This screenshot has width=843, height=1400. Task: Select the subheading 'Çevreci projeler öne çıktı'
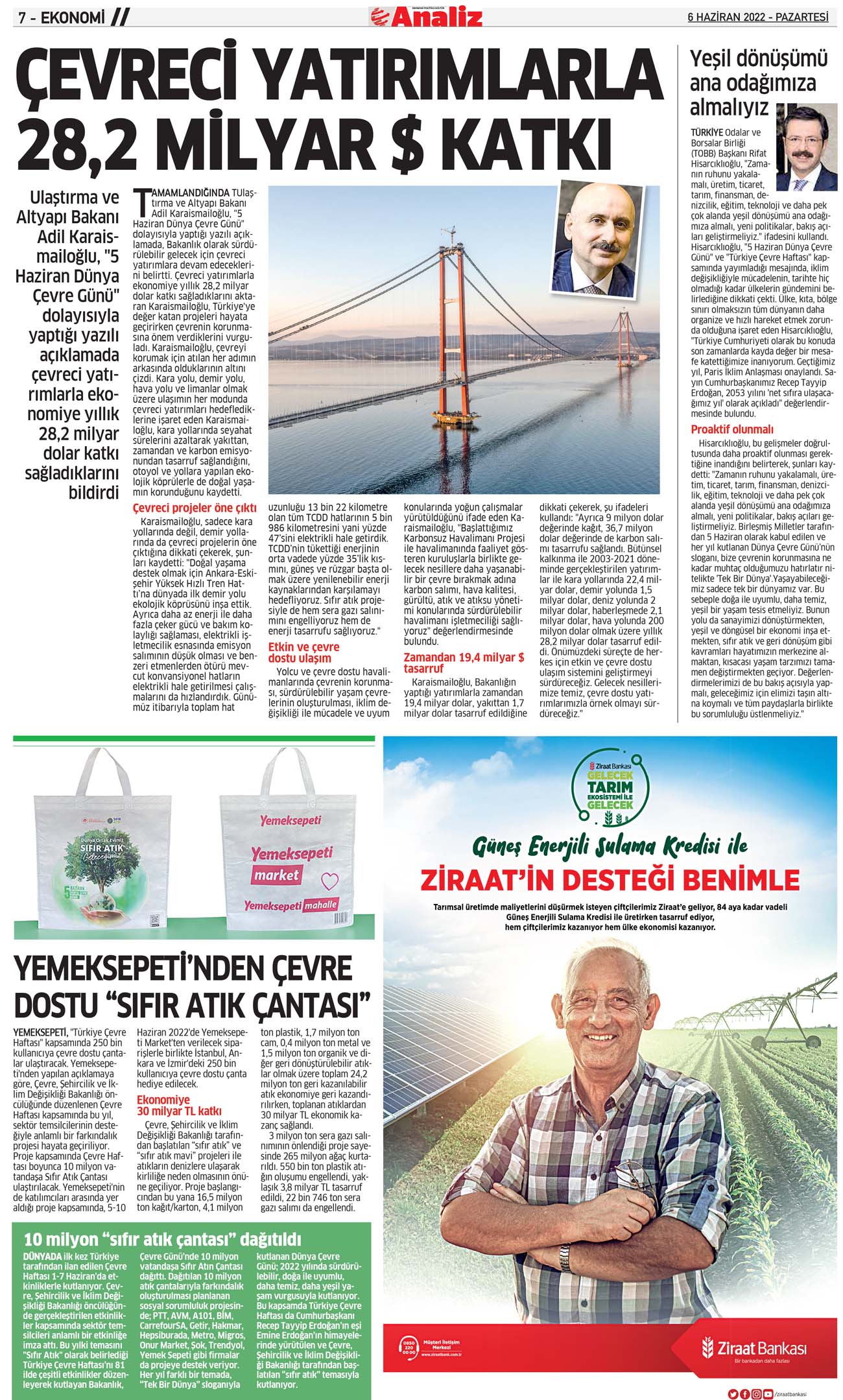195,508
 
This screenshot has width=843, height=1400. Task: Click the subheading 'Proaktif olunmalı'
731,429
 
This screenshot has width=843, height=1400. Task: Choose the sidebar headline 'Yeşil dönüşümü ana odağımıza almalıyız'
757,82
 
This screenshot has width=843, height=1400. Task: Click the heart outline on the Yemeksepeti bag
331,881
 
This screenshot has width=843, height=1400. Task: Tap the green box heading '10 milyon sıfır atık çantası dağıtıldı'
163,1239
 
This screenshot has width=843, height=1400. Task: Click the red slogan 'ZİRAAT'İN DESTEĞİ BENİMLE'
610,880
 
